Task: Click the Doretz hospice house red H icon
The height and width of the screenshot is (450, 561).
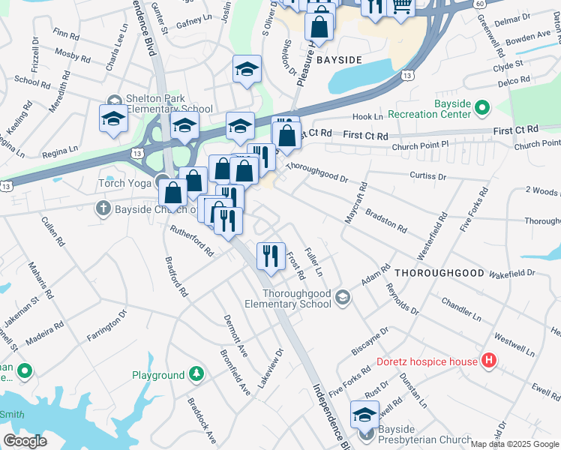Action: coord(489,361)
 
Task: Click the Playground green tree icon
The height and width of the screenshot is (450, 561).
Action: coord(196,374)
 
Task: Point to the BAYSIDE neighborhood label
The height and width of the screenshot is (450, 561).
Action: coord(339,58)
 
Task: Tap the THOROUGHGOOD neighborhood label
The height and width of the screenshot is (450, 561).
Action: coord(439,273)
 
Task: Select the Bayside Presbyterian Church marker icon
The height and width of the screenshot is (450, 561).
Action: coord(366,433)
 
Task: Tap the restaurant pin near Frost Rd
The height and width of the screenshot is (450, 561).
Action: coord(271,256)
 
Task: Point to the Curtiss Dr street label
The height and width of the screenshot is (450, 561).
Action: coord(428,176)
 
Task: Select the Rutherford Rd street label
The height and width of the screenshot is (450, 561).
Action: coord(192,240)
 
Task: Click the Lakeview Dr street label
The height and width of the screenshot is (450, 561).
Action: coord(271,367)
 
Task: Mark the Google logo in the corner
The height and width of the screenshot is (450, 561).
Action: coord(25,441)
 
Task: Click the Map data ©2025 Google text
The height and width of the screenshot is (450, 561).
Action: coord(514,444)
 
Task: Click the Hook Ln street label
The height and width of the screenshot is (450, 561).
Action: coord(367,117)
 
